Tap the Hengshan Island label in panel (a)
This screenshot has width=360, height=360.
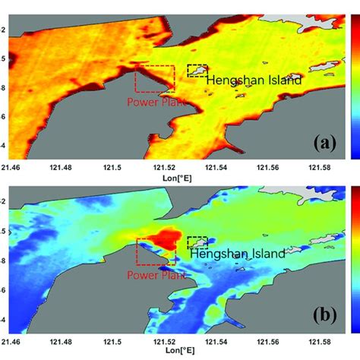[x=254, y=79]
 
